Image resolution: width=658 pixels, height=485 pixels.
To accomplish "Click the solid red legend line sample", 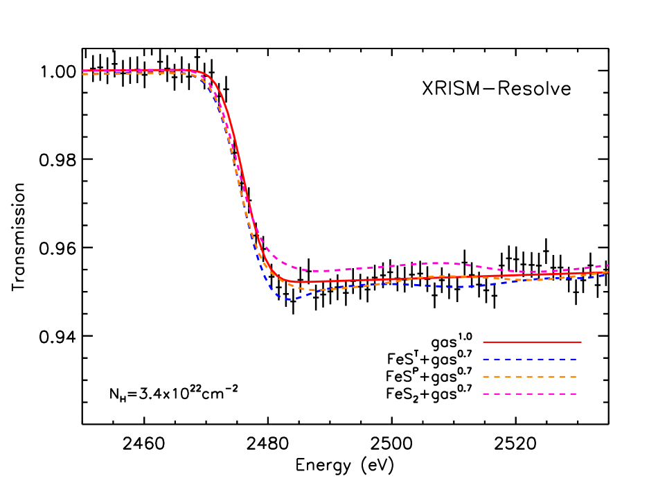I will coord(532,342).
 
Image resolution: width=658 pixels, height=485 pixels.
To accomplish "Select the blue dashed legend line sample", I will coord(530,360).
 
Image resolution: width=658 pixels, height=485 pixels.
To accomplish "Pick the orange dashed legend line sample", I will coord(530,377).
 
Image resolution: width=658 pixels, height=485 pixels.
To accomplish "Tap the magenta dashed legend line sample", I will coord(530,394).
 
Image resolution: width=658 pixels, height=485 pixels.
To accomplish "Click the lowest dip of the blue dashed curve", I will coord(288,299).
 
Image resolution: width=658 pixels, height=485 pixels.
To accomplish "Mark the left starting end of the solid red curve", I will coord(83,71).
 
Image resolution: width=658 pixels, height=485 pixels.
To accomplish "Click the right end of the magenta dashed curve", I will coord(608,265).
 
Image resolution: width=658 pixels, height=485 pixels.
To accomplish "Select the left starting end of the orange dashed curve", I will coord(83,74).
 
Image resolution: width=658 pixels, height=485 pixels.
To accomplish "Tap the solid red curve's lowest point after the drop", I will coord(308,283).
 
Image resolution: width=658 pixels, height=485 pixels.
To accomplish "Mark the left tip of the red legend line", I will coord(483,342).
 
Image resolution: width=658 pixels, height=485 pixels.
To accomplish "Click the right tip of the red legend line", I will coord(581,342).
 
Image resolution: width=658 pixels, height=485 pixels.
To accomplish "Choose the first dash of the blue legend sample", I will coord(486,360).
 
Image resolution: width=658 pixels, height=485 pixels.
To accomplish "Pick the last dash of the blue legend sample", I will coord(573,360).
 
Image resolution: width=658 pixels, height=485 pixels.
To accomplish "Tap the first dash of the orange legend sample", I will coord(486,377).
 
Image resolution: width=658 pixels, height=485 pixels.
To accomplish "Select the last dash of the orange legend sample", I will coord(573,377).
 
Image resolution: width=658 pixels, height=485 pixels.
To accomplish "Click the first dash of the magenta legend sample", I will coord(486,394).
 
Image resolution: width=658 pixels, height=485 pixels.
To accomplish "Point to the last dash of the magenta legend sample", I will coord(573,394).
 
